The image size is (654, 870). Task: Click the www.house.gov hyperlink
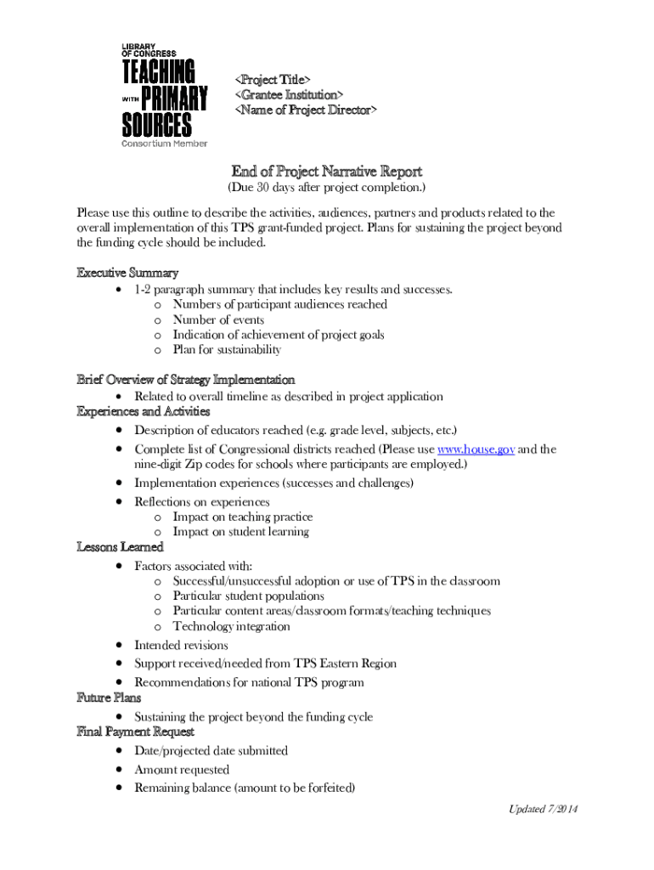(476, 449)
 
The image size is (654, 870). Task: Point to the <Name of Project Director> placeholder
(306, 110)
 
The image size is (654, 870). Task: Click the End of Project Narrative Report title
(327, 171)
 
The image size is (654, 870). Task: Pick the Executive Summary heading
(127, 273)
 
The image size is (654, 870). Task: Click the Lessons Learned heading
(120, 547)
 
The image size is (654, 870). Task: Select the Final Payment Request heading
(136, 732)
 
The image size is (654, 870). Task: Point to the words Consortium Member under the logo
(165, 143)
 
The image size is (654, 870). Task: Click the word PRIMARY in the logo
(174, 99)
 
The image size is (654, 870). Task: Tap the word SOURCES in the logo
(156, 125)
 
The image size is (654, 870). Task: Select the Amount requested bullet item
(182, 770)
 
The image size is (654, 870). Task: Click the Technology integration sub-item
(231, 627)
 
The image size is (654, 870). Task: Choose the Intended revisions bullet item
(181, 646)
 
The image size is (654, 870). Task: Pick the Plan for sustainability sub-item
(227, 350)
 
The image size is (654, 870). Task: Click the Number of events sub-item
(218, 320)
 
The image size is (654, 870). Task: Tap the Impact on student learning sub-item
(240, 532)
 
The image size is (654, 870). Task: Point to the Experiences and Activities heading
(144, 412)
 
